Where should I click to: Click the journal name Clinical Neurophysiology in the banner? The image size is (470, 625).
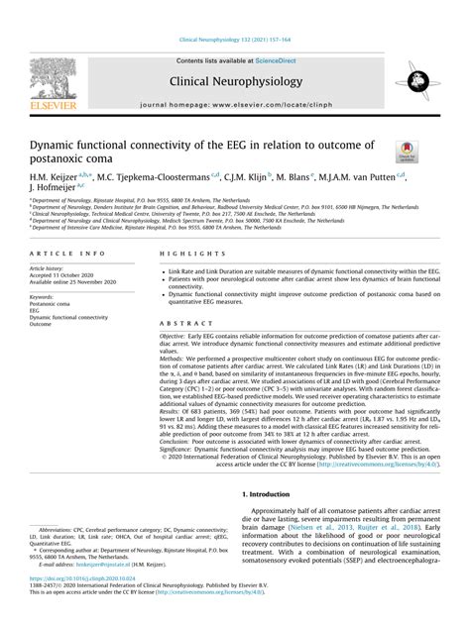pos(235,80)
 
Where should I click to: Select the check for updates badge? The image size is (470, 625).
pos(406,152)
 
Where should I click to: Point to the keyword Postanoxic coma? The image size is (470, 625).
pos(51,304)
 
